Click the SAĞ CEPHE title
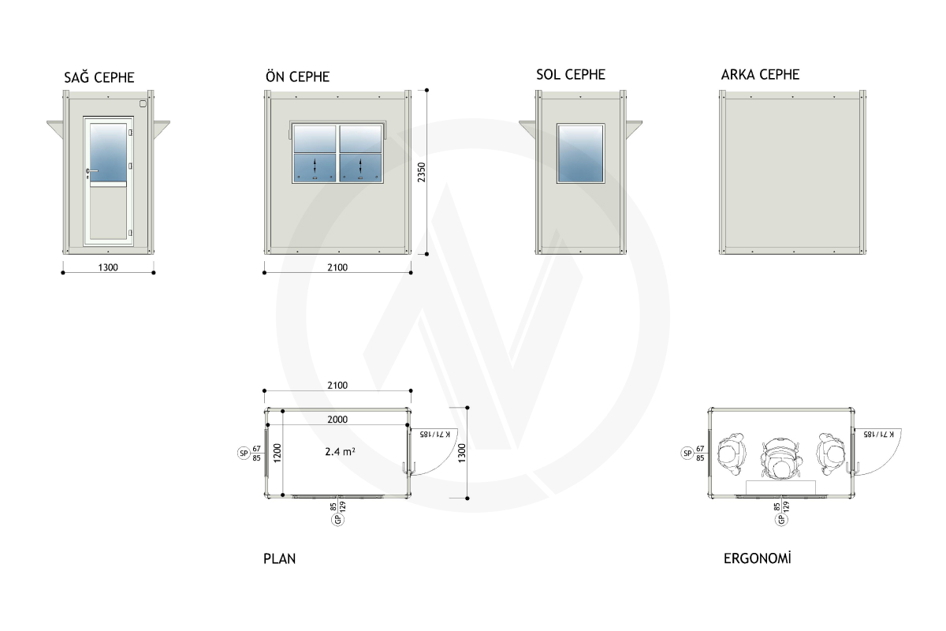coord(99,77)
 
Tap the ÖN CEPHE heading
coord(298,76)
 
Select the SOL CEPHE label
coord(571,75)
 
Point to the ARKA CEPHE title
coord(760,75)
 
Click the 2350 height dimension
coord(422,173)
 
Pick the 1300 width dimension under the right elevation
coord(108,267)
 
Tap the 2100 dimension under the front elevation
coord(337,267)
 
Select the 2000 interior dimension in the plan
coord(337,420)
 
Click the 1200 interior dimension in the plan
coord(277,453)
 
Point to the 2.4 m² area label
coord(340,452)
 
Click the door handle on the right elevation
coord(91,171)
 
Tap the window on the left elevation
coord(581,154)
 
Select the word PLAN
coord(280,558)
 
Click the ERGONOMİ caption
coord(758,558)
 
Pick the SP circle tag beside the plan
coord(244,453)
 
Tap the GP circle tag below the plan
coord(337,520)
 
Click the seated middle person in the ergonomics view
coord(781,459)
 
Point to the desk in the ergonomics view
coord(780,487)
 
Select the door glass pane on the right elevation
coord(109,153)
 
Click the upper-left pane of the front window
coord(315,139)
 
